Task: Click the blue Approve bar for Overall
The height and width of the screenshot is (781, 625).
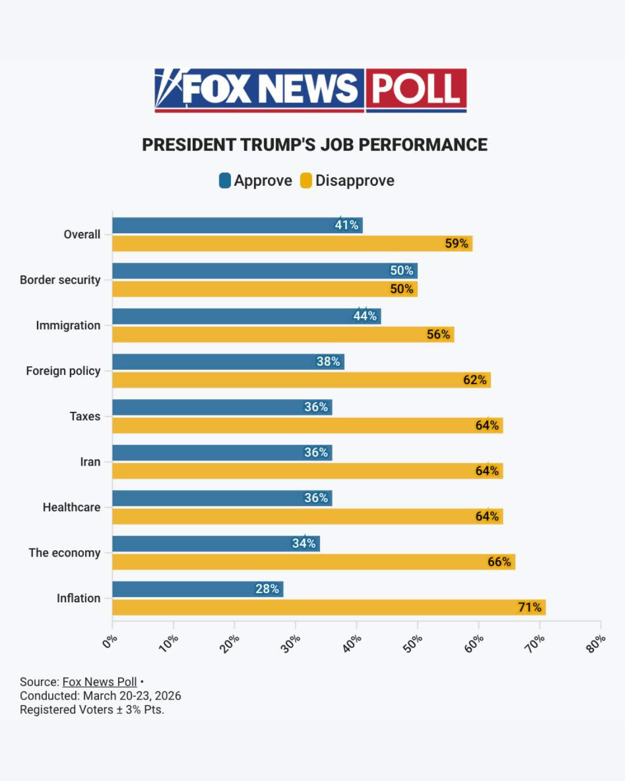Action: pos(237,226)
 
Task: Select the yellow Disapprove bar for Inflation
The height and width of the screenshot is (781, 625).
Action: pos(329,607)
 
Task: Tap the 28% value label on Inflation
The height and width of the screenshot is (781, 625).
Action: pos(267,589)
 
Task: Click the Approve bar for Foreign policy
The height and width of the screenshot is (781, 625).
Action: pos(228,362)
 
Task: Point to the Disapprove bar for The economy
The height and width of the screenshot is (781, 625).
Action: pos(314,562)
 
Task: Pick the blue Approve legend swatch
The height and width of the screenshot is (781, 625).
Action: pos(225,180)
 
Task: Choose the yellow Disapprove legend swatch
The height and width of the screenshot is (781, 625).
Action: pos(306,180)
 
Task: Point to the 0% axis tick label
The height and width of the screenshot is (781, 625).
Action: pos(110,641)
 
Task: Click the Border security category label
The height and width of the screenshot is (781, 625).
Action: pos(60,280)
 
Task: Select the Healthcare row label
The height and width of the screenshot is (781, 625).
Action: pos(72,507)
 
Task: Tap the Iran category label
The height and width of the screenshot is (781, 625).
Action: pos(90,462)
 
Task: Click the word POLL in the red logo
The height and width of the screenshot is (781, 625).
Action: pos(416,88)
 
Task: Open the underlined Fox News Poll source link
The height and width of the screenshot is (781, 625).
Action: pos(100,682)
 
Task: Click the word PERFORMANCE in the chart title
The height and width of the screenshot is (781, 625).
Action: pos(423,145)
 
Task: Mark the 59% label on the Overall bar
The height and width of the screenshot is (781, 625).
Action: pos(457,243)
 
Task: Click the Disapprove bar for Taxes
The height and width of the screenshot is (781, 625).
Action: pos(308,425)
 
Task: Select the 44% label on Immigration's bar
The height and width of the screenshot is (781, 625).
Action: pos(365,316)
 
